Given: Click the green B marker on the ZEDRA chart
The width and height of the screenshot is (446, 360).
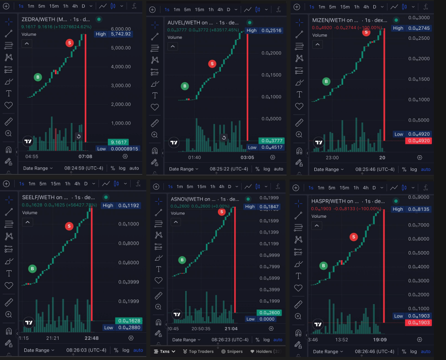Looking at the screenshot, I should pos(37,77).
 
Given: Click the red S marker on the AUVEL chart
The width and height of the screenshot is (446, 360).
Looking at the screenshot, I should pos(212,64).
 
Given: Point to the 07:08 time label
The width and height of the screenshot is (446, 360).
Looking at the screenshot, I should pos(85,156).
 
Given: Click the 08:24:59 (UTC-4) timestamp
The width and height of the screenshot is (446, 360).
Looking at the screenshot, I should pos(84,168).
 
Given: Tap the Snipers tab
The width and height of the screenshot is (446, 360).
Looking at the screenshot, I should pos(232,351).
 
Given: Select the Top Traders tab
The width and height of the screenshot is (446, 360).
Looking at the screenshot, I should pos(198,351).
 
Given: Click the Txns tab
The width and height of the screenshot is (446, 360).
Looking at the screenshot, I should pos(164,351).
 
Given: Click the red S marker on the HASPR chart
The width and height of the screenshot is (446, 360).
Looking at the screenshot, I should pos(354,236).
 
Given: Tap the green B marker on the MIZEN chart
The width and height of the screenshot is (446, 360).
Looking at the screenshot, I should pos(326,81).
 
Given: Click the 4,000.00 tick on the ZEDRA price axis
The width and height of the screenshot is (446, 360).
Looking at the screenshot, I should pos(121,67).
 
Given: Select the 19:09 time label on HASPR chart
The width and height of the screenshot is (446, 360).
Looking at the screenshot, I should pos(379,339).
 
